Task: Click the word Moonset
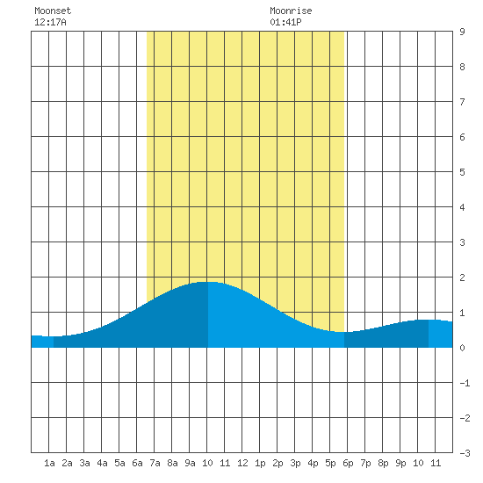click(53, 11)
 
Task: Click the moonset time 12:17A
click(50, 22)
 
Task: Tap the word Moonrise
click(291, 11)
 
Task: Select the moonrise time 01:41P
click(285, 22)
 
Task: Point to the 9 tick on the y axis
click(462, 32)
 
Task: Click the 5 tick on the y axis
click(462, 172)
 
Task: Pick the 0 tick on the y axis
click(462, 348)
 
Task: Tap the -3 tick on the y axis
click(465, 453)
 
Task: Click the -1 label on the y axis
click(465, 383)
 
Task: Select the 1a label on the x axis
click(49, 463)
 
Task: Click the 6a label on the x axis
click(137, 463)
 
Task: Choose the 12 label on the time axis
click(242, 463)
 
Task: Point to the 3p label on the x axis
click(295, 463)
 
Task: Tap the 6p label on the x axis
click(348, 463)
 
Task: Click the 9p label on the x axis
click(400, 463)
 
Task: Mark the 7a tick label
click(155, 463)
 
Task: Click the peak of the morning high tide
click(208, 282)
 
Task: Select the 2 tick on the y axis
click(462, 278)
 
